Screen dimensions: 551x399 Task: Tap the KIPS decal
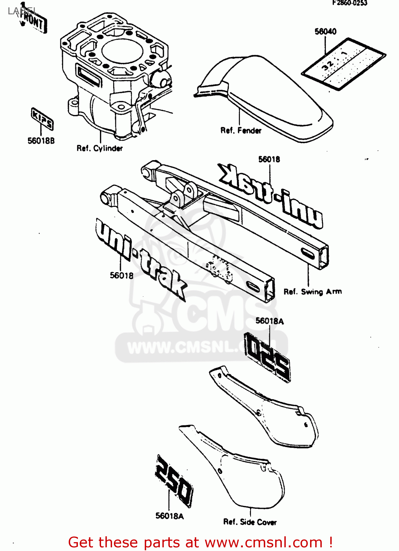pos(42,118)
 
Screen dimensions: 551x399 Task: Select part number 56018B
pos(41,141)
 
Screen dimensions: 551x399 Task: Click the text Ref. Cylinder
pos(100,148)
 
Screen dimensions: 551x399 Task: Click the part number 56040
pos(326,32)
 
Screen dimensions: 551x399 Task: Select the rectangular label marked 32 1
pos(344,63)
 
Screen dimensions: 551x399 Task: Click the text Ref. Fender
pos(241,130)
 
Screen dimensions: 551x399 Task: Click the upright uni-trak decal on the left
pos(140,257)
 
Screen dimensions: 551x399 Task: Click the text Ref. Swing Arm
pos(312,292)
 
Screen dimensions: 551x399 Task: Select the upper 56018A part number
pos(270,321)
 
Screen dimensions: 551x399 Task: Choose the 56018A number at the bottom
pos(169,516)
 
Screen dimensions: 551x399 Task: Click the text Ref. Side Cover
pos(250,522)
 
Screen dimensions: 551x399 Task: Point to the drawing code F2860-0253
pos(349,3)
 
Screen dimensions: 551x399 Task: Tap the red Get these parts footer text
pos(201,543)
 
